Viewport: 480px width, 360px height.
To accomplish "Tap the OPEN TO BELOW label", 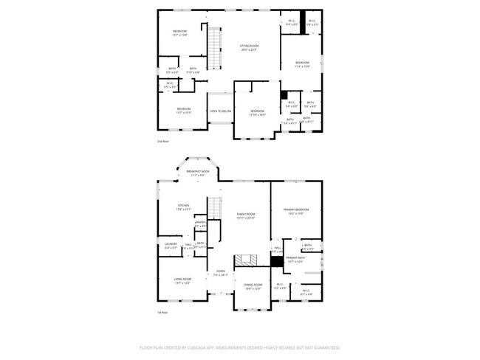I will (220, 111).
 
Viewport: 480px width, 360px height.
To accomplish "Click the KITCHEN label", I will (183, 206).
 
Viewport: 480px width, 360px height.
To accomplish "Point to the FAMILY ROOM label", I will (246, 214).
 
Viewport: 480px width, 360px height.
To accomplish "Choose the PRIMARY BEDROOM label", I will (296, 210).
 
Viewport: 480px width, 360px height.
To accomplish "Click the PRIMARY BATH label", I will (295, 258).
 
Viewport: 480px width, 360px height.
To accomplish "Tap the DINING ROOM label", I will (253, 285).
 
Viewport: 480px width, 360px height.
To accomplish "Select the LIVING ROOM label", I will (183, 279).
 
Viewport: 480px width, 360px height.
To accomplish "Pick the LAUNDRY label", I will (171, 244).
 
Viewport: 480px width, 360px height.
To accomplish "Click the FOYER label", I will (220, 271).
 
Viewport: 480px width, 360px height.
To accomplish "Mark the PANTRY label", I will (199, 222).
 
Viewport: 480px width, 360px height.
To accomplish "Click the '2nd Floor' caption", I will (162, 141).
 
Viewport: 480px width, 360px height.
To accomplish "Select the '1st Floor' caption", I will (162, 313).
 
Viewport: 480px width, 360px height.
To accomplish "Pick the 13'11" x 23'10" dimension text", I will (246, 218).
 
